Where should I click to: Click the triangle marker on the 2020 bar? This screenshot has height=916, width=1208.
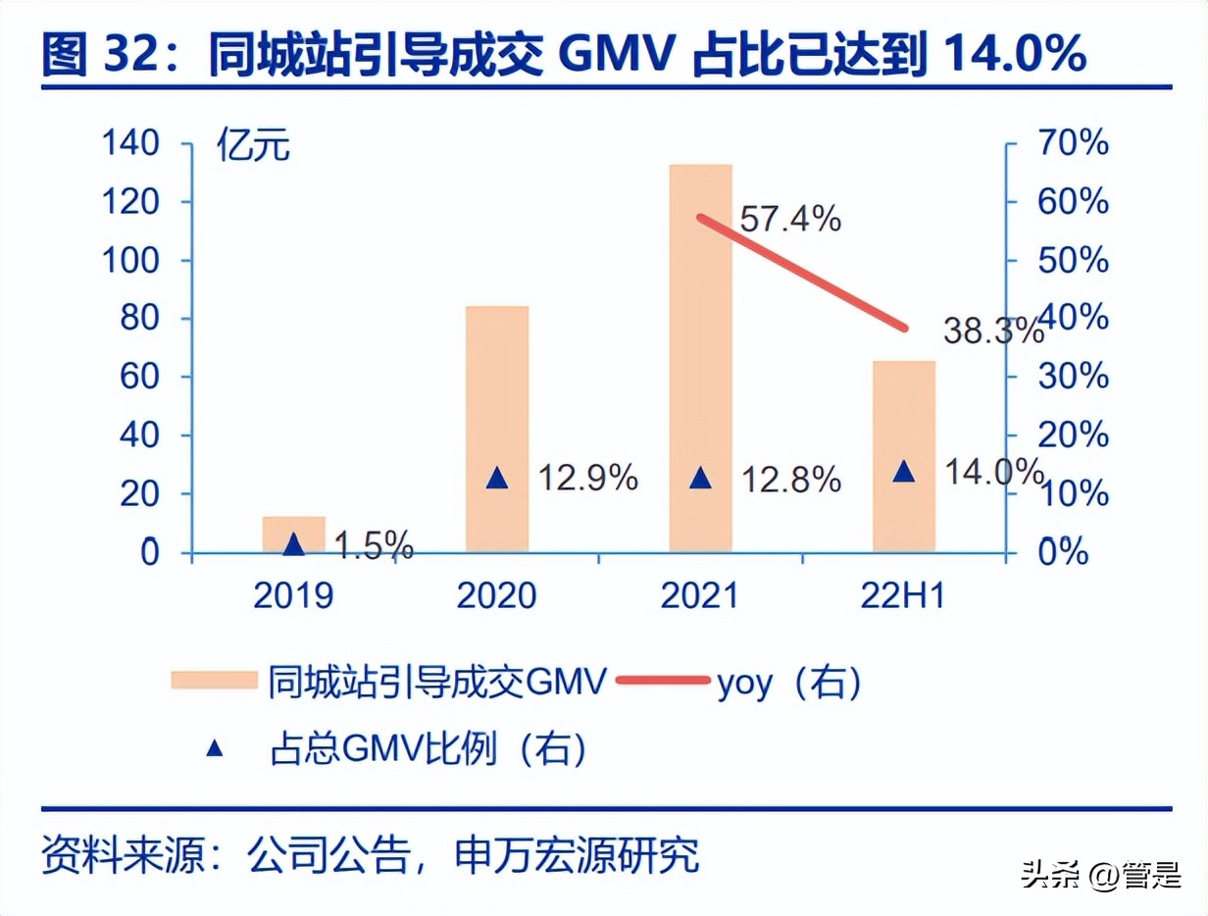[x=497, y=479]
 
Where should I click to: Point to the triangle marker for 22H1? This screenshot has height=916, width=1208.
[x=904, y=473]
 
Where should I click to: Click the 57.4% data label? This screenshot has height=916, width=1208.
[x=789, y=219]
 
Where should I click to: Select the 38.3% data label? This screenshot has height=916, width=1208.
[x=992, y=331]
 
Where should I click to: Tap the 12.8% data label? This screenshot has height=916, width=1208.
[x=790, y=480]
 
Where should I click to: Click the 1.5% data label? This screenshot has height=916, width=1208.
[x=373, y=545]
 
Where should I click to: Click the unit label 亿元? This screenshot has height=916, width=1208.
[x=254, y=149]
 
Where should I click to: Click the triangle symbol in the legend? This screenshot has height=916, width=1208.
[x=215, y=749]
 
